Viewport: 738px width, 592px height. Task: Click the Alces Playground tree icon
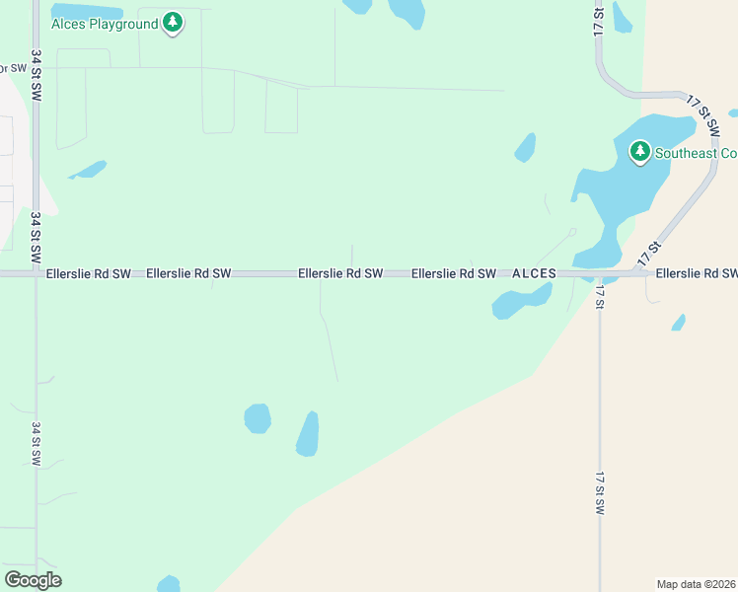(173, 23)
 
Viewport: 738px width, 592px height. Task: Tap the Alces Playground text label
(105, 24)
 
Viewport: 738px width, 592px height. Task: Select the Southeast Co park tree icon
(640, 152)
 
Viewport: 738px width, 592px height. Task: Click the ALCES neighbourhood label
(534, 273)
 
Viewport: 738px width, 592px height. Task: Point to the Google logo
(33, 579)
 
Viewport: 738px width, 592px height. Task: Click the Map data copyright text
(696, 583)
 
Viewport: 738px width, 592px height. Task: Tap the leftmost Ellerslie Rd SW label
(88, 273)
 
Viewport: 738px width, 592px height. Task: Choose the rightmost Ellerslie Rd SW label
(696, 273)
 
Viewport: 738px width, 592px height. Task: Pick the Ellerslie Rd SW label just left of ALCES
(453, 273)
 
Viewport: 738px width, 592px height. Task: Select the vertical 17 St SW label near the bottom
(599, 493)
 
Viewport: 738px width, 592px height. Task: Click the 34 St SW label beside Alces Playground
(37, 74)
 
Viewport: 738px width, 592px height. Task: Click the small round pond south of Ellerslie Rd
(258, 418)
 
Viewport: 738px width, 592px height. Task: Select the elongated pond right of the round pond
(308, 434)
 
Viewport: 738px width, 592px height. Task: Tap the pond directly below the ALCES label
(519, 302)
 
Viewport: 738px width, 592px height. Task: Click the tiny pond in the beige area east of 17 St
(679, 323)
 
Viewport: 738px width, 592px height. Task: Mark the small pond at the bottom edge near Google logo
(169, 584)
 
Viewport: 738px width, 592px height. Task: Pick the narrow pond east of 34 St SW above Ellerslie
(89, 170)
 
